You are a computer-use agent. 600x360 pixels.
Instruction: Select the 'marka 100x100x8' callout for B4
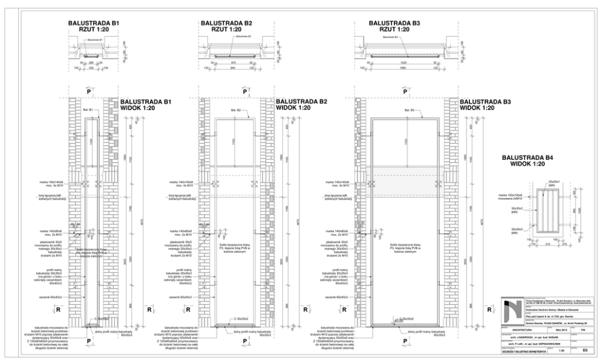click(509, 195)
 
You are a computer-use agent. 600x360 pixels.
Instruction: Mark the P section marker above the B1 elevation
click(88, 91)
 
